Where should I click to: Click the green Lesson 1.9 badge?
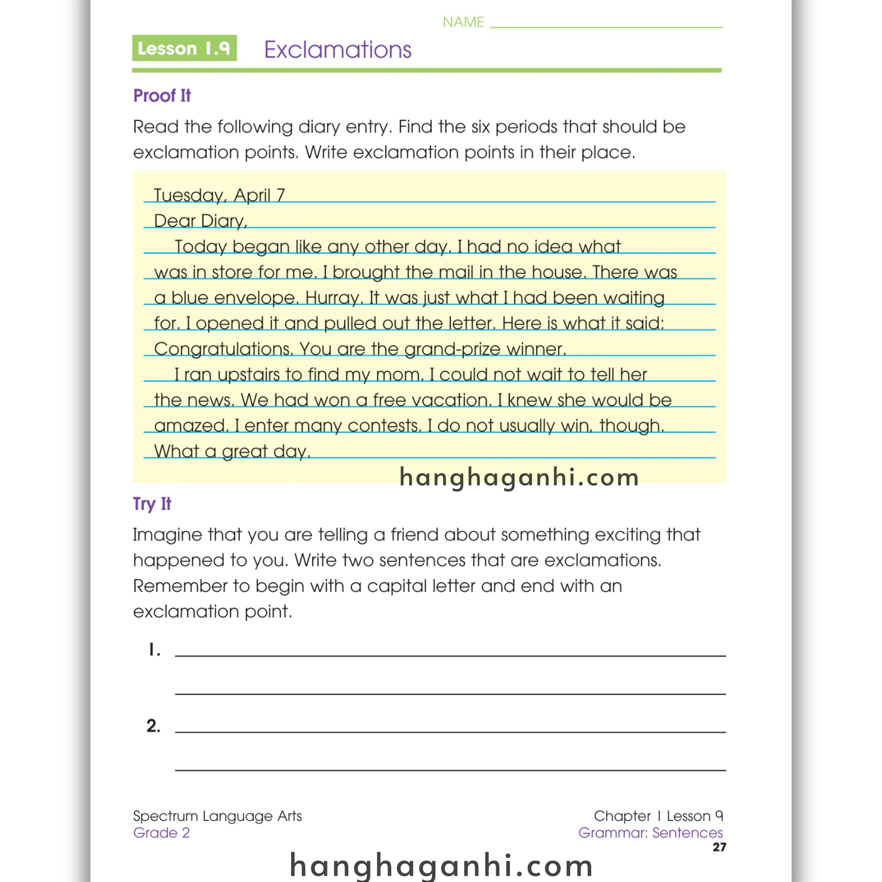coord(184,48)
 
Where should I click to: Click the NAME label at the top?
coord(463,22)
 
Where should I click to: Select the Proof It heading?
coord(161,96)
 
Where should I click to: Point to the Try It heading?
coord(152,503)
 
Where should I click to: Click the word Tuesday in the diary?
coord(189,196)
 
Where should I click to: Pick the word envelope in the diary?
coord(256,298)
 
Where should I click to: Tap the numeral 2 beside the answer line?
coord(153,726)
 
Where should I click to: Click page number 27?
coord(719,847)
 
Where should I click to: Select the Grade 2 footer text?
coord(161,833)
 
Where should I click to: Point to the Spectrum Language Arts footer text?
coord(217,816)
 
